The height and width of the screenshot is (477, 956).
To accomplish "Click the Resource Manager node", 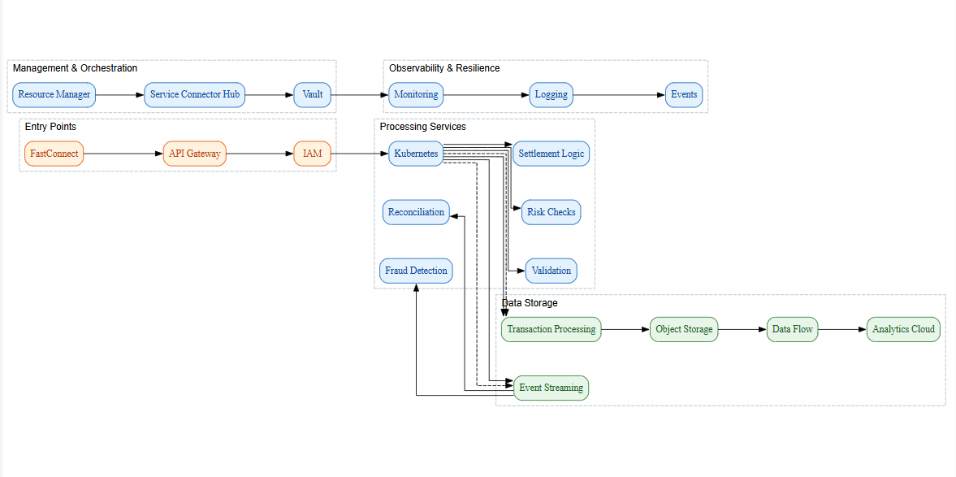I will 54,94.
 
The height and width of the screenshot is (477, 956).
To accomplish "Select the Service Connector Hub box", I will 195,94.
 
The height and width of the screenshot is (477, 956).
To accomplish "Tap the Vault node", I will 313,94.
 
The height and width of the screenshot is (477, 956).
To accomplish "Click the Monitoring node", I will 416,94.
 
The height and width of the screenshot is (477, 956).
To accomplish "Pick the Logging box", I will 551,94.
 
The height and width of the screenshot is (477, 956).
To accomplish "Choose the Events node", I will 684,94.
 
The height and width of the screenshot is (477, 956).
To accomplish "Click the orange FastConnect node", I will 54,154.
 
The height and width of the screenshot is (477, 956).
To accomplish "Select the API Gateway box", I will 195,154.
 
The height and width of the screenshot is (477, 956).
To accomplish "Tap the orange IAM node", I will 313,154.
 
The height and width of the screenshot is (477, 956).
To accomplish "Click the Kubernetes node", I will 416,154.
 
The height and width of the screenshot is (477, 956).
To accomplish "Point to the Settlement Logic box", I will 551,154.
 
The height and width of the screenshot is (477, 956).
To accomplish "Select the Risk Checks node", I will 551,212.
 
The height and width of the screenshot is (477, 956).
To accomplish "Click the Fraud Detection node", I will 416,271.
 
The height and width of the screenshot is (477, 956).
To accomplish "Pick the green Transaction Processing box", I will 551,329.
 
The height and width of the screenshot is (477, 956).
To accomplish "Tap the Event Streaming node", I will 551,388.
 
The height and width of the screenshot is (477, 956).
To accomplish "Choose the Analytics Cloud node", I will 903,329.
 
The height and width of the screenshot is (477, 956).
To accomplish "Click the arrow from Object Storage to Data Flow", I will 742,329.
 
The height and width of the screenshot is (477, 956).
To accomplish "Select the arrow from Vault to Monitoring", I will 357,94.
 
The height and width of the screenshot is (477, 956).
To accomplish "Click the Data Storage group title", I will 530,303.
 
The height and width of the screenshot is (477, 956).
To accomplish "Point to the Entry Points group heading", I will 50,127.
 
